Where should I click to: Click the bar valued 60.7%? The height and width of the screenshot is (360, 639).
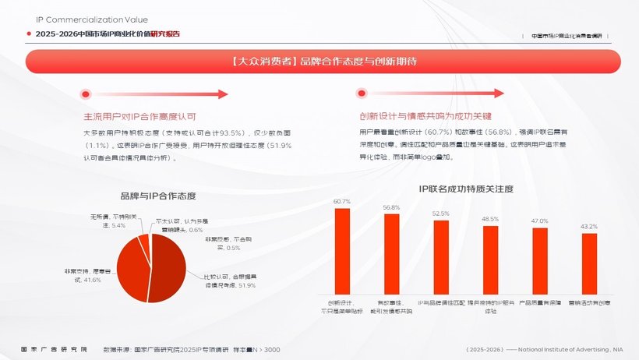342,251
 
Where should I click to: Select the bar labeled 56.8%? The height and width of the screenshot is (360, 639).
391,254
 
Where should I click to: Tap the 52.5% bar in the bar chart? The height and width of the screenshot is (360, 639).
441,257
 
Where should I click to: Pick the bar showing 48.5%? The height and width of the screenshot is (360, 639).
490,260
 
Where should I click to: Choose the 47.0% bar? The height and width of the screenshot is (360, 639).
540,262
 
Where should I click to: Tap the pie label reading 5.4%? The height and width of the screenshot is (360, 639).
108,221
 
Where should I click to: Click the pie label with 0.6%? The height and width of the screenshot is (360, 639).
182,226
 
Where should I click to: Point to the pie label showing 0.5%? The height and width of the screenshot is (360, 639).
222,243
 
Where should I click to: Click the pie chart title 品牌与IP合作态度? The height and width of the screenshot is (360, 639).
158,196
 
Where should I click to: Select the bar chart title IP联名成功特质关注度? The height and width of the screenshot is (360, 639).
465,189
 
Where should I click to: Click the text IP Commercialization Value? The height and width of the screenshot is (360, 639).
92,19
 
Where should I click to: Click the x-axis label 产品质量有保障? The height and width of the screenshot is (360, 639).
540,302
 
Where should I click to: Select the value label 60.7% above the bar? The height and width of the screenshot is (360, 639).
342,202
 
